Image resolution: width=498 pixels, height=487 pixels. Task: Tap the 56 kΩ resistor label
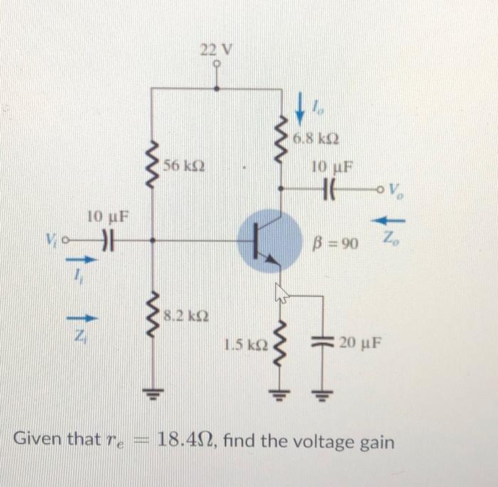coord(184,166)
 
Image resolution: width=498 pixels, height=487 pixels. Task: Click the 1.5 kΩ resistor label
coord(244,345)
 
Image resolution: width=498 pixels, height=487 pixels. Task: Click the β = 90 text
coord(337,244)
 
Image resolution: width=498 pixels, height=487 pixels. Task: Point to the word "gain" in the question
coord(372,443)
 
